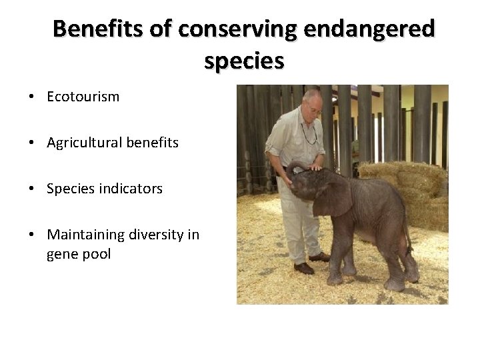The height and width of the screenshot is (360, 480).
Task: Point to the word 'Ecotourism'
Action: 83,97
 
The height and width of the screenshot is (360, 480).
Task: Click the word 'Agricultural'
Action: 85,143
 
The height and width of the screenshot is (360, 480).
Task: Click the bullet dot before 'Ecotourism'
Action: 32,97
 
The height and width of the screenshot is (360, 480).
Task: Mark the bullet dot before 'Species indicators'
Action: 32,189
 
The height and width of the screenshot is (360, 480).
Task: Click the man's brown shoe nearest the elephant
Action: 319,257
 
